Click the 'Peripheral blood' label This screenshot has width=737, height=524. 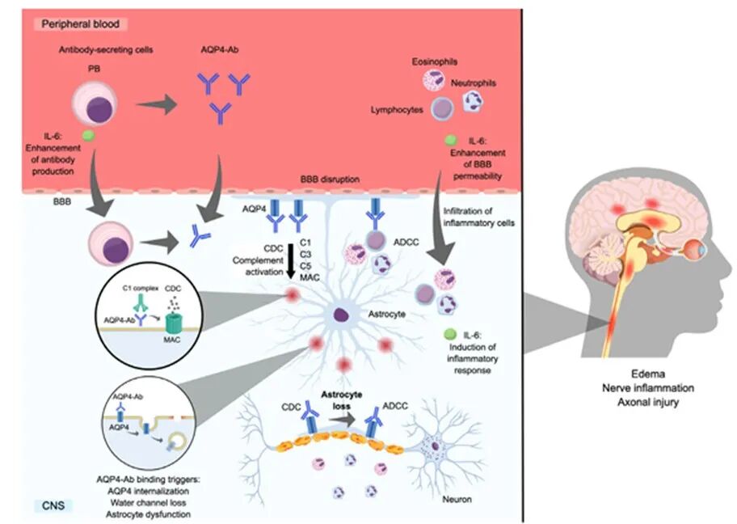(x=78, y=24)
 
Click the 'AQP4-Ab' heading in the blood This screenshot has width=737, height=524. (x=218, y=50)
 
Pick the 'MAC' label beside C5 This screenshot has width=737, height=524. (x=310, y=277)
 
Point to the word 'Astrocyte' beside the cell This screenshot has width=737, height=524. (x=394, y=311)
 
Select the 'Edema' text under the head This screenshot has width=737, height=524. (x=638, y=374)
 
